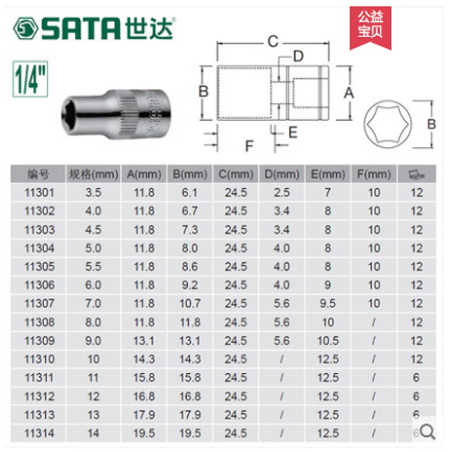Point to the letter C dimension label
(x=272, y=40)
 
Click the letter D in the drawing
(x=298, y=56)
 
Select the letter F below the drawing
(x=249, y=144)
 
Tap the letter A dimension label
(x=348, y=93)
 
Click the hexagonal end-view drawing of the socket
(x=387, y=124)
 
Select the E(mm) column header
(x=327, y=174)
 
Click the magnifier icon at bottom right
(x=429, y=432)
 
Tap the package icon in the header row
(x=416, y=174)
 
